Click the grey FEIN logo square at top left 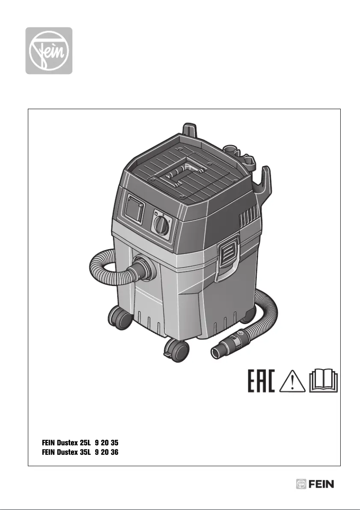click(48, 50)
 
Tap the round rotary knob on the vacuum click(161, 224)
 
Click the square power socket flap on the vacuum click(135, 210)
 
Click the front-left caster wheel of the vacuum click(120, 319)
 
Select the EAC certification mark click(261, 381)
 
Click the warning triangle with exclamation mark click(292, 381)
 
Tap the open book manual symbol click(324, 381)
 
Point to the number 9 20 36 click(106, 451)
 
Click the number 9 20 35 click(106, 442)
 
